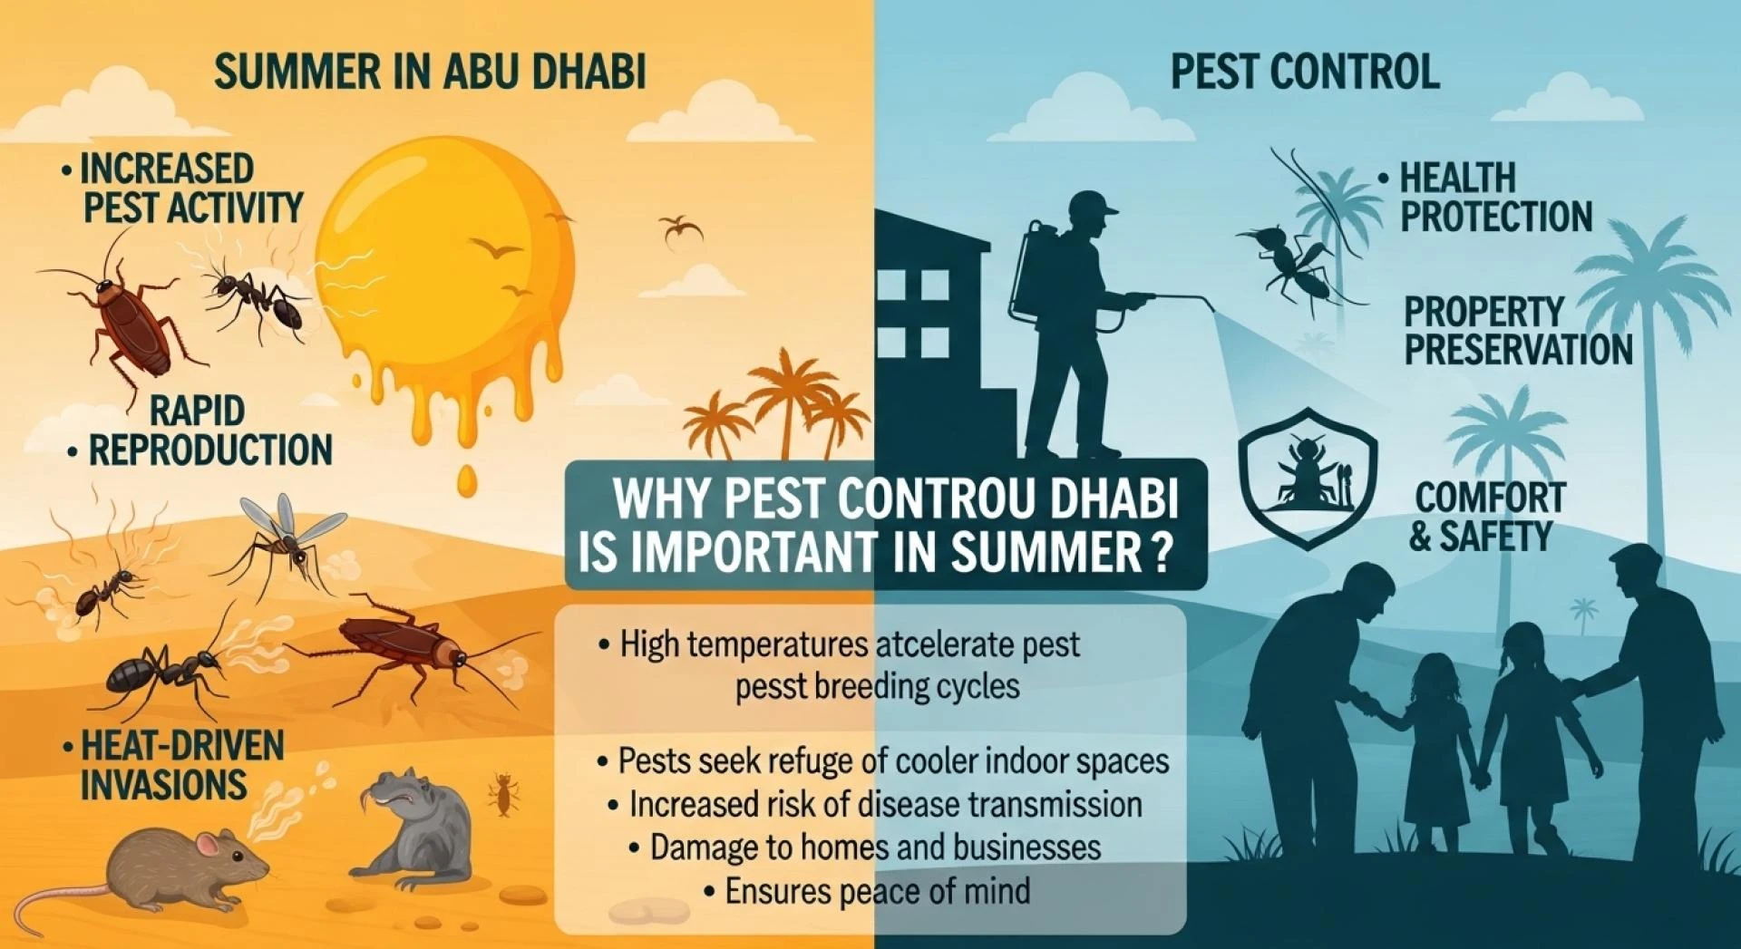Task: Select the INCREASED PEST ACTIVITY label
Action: coord(182,188)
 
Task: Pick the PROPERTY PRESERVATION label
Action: coord(1519,331)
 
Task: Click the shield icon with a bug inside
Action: coord(1308,478)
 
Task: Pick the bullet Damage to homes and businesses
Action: coord(865,847)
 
